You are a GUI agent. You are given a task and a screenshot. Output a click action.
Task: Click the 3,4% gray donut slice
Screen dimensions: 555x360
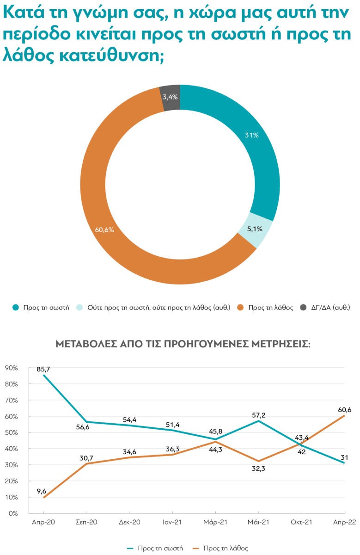pos(170,97)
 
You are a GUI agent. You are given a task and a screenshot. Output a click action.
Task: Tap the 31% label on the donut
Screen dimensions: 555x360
pos(251,136)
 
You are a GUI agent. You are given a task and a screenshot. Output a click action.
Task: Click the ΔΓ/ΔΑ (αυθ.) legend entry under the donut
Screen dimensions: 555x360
pos(329,307)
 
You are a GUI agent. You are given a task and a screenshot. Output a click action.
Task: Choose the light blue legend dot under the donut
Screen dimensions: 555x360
pos(79,307)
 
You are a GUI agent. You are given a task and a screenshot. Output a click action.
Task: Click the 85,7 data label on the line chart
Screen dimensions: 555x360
pos(43,369)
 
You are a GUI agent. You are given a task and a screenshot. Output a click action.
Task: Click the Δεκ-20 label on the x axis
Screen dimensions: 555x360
pos(129,522)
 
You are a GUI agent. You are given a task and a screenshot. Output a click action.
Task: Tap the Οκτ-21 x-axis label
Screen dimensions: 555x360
pos(302,522)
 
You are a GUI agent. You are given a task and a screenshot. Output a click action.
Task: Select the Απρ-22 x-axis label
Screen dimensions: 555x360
pos(344,522)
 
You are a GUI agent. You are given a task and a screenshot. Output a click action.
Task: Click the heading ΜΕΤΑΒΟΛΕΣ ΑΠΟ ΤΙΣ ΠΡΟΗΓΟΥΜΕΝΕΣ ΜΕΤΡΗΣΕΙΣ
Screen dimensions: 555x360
pos(183,345)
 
